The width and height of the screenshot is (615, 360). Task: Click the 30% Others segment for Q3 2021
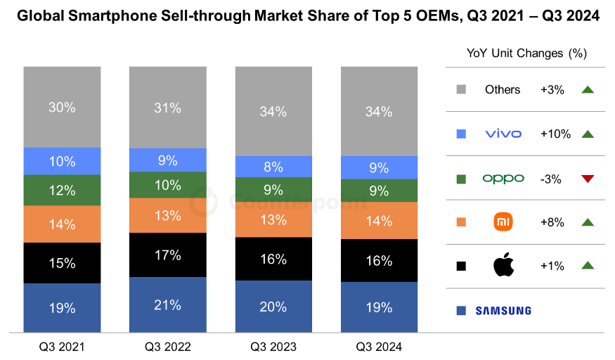pyautogui.click(x=62, y=107)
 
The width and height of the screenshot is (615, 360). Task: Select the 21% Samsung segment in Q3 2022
pyautogui.click(x=168, y=304)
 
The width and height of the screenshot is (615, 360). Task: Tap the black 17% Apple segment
pyautogui.click(x=168, y=255)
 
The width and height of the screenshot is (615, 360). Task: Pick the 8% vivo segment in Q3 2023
pyautogui.click(x=273, y=167)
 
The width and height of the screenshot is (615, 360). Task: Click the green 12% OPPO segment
pyautogui.click(x=62, y=190)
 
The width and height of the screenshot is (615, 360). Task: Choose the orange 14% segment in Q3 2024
pyautogui.click(x=380, y=221)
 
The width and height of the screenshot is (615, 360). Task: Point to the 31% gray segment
pyautogui.click(x=168, y=108)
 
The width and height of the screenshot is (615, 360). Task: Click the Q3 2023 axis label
pyautogui.click(x=273, y=347)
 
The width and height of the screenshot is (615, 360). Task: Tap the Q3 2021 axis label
pyautogui.click(x=62, y=347)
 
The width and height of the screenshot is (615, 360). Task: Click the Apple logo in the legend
pyautogui.click(x=503, y=266)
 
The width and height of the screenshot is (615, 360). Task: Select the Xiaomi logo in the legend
pyautogui.click(x=503, y=222)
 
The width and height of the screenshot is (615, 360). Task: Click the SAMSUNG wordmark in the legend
pyautogui.click(x=503, y=310)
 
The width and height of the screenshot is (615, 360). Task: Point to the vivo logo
pyautogui.click(x=503, y=134)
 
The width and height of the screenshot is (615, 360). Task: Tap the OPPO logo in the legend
pyautogui.click(x=503, y=179)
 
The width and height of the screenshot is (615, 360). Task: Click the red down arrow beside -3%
pyautogui.click(x=588, y=179)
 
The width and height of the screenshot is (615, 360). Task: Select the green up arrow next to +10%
pyautogui.click(x=588, y=134)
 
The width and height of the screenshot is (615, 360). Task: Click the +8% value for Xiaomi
pyautogui.click(x=551, y=222)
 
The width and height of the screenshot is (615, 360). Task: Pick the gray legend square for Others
pyautogui.click(x=461, y=89)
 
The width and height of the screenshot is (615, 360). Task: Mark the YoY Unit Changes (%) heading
pyautogui.click(x=526, y=53)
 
